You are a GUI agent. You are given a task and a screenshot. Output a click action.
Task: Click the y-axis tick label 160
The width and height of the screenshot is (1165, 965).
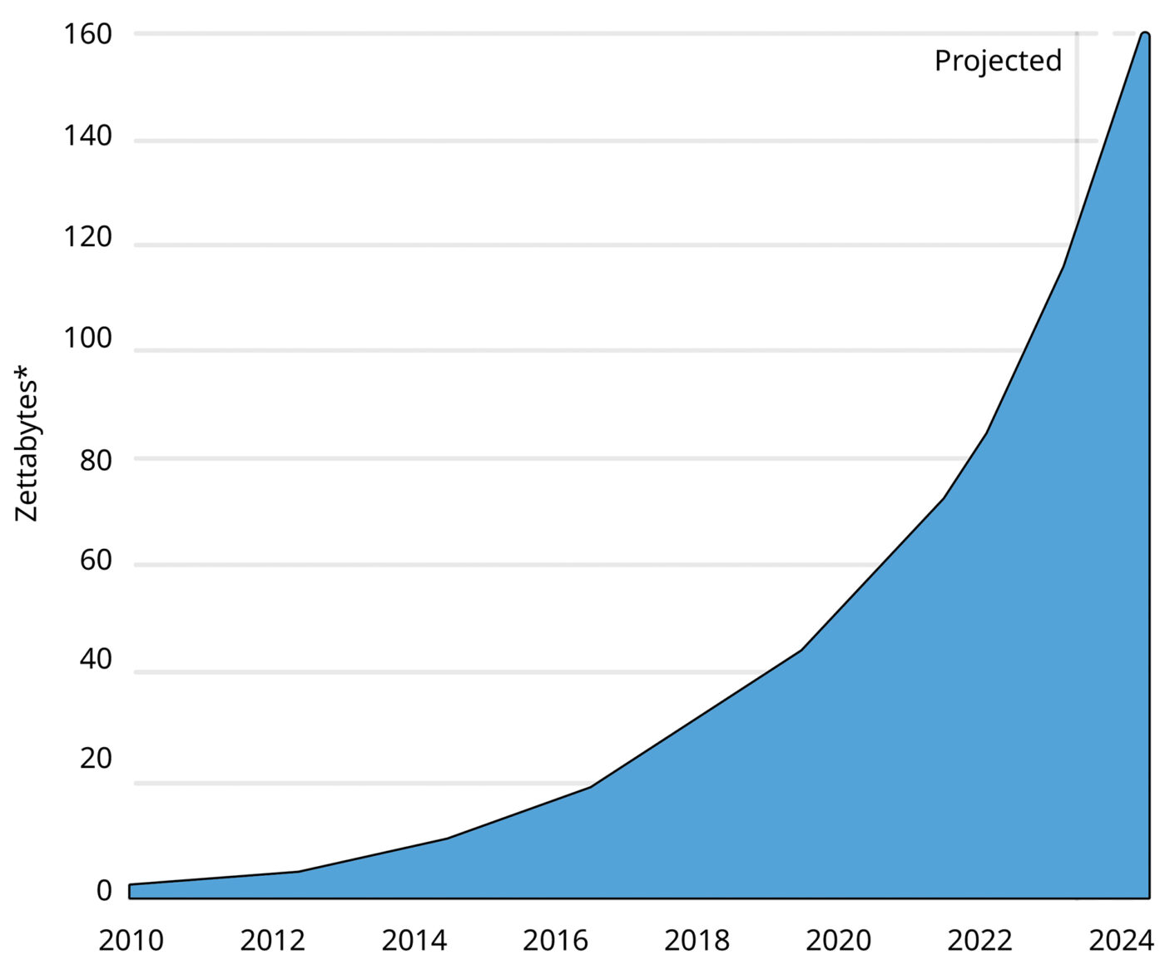tap(87, 34)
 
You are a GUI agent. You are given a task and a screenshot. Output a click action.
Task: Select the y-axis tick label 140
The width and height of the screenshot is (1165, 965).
tap(87, 136)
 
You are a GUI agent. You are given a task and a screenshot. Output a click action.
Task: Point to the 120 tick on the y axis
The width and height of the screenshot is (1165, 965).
tap(87, 237)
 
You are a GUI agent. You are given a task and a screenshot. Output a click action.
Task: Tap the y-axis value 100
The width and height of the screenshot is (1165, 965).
tap(87, 339)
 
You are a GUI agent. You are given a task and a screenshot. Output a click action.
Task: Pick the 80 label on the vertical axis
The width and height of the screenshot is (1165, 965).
tap(96, 460)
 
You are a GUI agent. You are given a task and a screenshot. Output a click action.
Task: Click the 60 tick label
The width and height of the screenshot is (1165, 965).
tap(96, 560)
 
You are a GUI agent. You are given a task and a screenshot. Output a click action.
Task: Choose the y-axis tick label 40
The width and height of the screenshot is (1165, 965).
tap(96, 659)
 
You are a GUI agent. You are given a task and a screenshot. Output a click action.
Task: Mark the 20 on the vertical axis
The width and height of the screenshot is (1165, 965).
tap(96, 758)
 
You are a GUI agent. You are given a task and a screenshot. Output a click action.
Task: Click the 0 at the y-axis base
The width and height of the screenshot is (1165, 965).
tap(104, 890)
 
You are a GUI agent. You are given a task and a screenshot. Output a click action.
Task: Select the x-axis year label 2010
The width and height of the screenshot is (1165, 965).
tap(131, 941)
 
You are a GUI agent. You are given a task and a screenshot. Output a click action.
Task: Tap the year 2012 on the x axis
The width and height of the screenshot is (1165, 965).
tap(273, 941)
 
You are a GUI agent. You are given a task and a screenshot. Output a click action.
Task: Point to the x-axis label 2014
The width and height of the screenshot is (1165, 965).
tap(414, 941)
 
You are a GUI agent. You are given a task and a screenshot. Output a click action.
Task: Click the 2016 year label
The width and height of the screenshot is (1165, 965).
tap(556, 941)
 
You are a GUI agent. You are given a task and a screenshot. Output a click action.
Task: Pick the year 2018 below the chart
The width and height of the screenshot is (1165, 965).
tap(697, 941)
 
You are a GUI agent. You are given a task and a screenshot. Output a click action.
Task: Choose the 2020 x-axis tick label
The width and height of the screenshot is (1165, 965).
tap(839, 941)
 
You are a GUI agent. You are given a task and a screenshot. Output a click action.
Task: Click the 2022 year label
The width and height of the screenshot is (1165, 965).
tap(980, 941)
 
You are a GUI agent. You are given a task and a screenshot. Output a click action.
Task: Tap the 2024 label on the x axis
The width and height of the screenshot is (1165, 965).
tap(1122, 941)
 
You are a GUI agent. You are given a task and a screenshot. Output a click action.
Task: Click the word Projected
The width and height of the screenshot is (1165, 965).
tap(998, 61)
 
